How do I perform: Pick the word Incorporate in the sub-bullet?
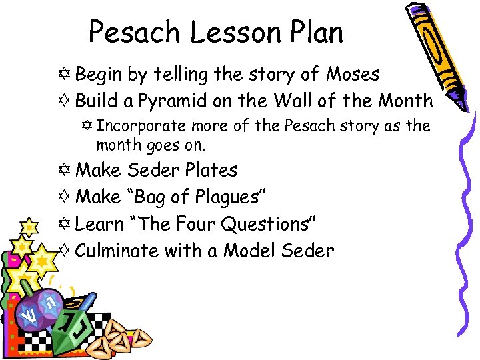141,126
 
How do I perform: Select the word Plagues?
229,197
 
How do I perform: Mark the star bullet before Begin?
65,75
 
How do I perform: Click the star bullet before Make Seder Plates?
65,171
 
